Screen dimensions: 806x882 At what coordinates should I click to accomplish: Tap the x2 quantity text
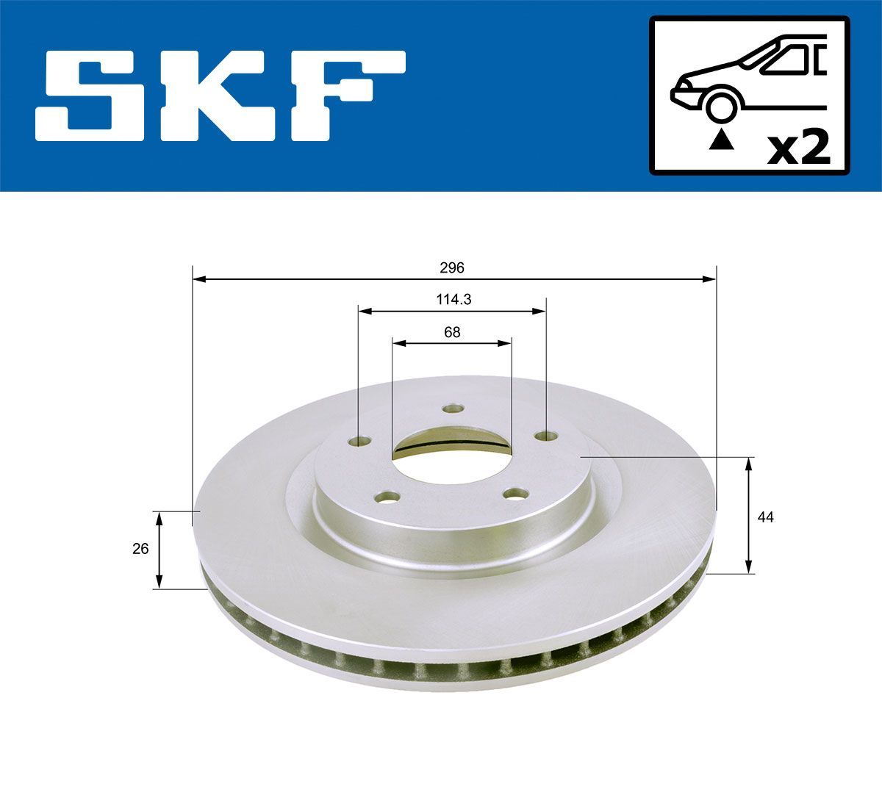coord(798,148)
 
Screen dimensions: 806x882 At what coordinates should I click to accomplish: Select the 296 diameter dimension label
coord(453,268)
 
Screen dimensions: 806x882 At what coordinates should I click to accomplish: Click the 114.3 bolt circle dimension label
coord(453,300)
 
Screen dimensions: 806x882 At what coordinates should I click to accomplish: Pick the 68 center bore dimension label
coord(452,332)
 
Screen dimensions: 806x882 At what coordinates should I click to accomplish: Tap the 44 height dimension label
coord(766,517)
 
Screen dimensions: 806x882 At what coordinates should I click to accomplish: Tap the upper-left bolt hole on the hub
coord(359,441)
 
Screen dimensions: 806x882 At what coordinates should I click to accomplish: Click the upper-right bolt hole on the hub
coord(545,436)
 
